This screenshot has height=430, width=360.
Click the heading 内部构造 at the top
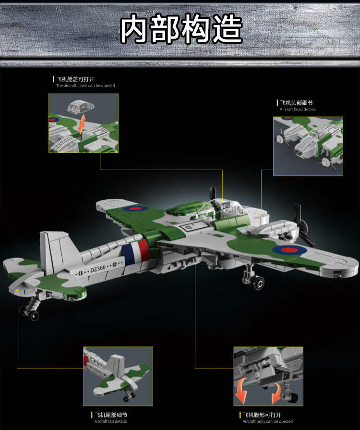181,29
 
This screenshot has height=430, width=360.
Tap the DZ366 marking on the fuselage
98,269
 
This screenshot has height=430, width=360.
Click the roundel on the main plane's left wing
136,209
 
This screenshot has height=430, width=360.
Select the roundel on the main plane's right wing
289,250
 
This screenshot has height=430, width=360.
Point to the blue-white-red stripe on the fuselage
136,252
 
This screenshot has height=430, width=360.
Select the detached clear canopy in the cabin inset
81,106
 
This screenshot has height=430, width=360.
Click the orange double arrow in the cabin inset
82,124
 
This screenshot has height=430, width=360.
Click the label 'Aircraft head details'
298,110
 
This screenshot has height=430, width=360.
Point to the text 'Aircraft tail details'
110,421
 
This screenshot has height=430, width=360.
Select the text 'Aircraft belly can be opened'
267,421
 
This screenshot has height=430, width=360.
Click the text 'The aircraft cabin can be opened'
85,86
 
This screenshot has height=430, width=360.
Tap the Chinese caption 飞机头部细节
296,103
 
